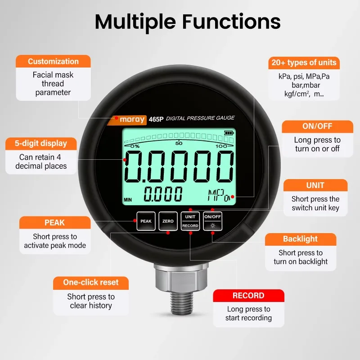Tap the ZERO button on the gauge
pos(168,221)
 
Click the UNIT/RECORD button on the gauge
pos(190,221)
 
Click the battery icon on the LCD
pos(229,133)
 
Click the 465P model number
pos(156,119)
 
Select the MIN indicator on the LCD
pos(128,200)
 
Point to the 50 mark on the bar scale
pos(179,143)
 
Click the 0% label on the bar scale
pos(135,146)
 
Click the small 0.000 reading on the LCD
pos(163,194)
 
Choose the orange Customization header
pos(53,61)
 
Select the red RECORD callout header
pos(248,296)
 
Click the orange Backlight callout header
pos(300,239)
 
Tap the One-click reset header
pos(91,283)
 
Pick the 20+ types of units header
pos(304,63)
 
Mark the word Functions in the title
pos(231,22)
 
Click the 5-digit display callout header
pos(41,144)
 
